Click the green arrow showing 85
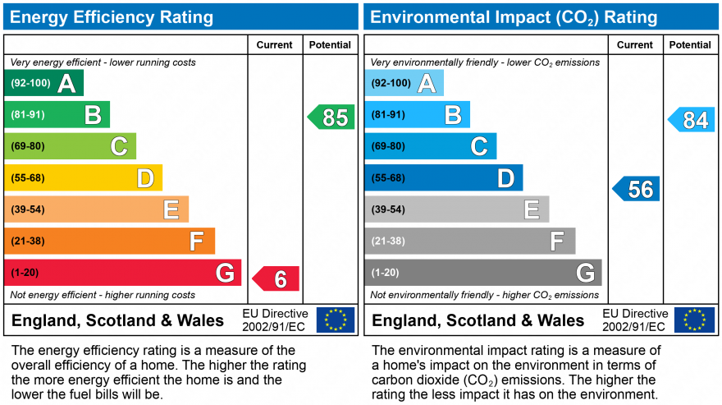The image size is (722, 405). point(331,117)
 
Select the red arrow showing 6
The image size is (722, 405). point(276,278)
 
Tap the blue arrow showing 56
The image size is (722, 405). point(636,189)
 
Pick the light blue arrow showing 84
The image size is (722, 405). point(691,119)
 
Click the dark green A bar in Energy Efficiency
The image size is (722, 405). point(43,83)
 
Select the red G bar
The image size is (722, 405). point(122,273)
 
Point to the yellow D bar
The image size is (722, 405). point(84,177)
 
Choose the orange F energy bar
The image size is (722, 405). point(110,241)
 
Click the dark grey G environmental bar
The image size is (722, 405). point(483,273)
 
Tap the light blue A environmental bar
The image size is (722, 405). point(404,83)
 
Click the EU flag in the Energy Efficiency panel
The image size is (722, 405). point(336,320)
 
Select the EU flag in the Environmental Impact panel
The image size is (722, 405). point(695,320)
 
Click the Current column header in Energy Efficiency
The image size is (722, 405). point(274,44)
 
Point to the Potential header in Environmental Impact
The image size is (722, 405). point(690,44)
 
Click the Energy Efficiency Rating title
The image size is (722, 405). point(112,17)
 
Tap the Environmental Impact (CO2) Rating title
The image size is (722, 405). point(514,17)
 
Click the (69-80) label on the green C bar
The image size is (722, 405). point(28,146)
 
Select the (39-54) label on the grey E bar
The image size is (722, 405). point(388,209)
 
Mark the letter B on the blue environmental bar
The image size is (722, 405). point(453,115)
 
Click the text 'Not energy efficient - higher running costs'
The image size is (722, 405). point(103,295)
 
